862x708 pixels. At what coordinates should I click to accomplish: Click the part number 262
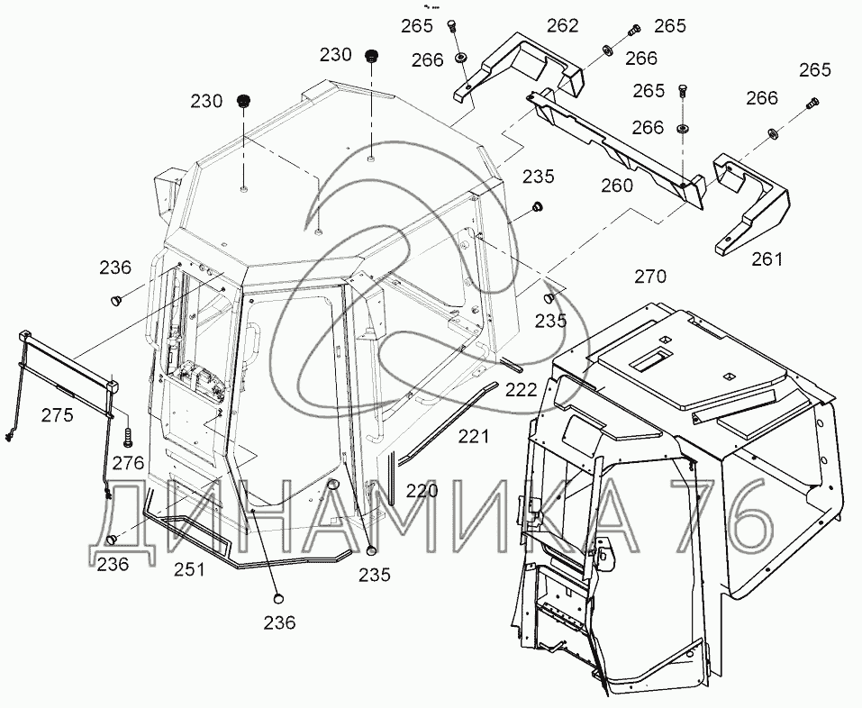click(x=562, y=26)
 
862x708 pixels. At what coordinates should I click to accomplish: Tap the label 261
click(x=767, y=259)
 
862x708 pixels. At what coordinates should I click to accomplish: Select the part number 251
click(x=189, y=569)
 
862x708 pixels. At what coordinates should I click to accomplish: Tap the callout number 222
click(x=521, y=388)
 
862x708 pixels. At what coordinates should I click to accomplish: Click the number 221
click(x=474, y=437)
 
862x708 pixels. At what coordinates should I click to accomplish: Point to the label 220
click(x=421, y=491)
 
